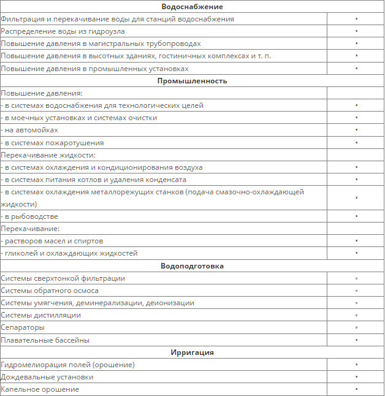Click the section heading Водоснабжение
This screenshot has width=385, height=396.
192,7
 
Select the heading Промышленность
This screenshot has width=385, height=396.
192,81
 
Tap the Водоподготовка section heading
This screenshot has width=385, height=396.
192,266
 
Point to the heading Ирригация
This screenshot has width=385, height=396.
192,352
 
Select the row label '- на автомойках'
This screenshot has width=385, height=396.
30,130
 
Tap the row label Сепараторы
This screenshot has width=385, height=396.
23,327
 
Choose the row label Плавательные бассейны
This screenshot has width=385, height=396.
45,340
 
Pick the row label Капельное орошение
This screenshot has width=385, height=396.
40,389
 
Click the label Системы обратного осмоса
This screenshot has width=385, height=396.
50,291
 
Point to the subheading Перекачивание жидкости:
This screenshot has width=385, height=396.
48,155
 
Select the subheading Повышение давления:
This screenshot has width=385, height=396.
42,93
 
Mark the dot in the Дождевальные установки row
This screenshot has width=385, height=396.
356,377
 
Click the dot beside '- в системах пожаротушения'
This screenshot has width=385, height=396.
356,142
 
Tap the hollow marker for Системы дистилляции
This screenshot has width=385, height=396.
356,315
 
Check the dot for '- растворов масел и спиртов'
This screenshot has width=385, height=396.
356,241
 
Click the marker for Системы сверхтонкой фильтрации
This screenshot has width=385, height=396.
356,278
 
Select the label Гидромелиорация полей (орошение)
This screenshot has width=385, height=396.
67,365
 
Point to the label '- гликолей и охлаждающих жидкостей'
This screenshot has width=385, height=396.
69,253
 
